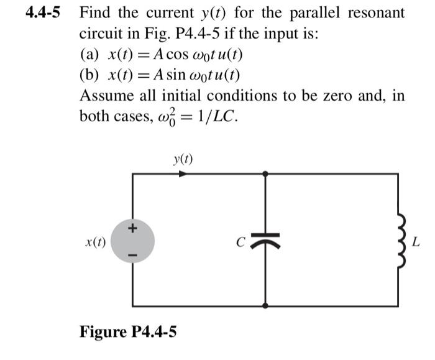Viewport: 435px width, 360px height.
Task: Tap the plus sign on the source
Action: pos(131,229)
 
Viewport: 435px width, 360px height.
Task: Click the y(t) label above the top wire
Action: pos(183,160)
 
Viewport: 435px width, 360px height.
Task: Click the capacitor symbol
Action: pos(266,239)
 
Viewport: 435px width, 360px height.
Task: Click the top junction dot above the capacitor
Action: pos(266,174)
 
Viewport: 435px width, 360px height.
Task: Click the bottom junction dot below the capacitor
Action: pos(266,306)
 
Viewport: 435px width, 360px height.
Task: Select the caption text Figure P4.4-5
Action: pos(127,331)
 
